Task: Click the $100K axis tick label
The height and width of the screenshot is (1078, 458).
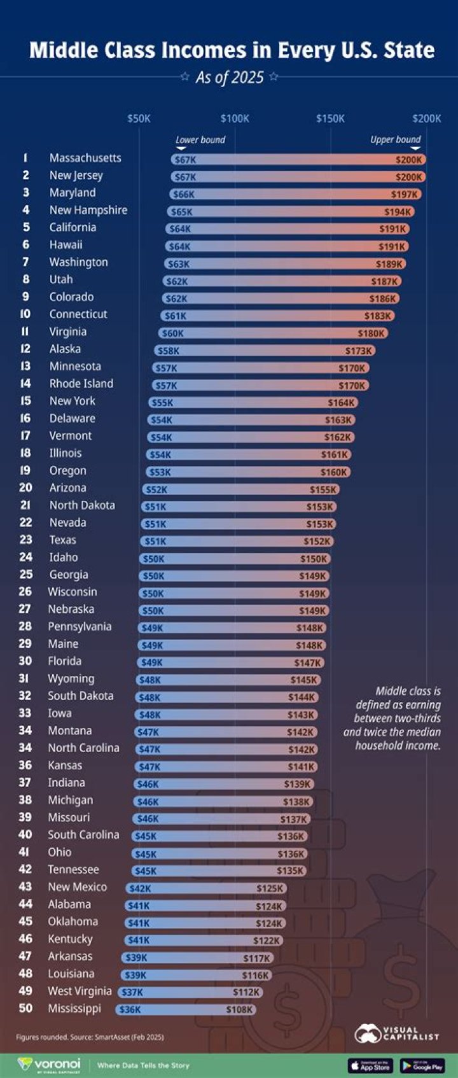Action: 235,118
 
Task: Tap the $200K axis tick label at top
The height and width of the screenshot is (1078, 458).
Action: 426,118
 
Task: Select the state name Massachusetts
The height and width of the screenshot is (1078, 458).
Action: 85,158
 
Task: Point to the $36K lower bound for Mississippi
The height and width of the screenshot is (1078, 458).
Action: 130,1009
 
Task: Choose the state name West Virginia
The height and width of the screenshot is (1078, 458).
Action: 80,991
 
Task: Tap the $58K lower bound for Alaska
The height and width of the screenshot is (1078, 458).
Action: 169,351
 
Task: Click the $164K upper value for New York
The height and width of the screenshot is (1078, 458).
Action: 340,403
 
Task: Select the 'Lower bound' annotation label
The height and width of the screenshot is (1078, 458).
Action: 200,140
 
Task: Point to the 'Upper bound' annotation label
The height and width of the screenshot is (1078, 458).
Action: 396,139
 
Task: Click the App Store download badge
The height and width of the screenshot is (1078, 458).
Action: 370,1065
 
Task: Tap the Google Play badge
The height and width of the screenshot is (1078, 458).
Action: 422,1065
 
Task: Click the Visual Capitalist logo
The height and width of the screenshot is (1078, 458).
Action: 397,1033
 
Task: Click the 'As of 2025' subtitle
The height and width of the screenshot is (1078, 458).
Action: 229,78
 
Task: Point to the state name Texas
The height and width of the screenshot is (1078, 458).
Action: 63,540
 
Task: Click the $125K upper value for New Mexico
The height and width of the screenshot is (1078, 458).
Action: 270,888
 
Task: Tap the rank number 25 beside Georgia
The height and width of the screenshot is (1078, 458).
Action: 25,574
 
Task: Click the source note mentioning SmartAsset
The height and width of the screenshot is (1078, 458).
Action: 90,1037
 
